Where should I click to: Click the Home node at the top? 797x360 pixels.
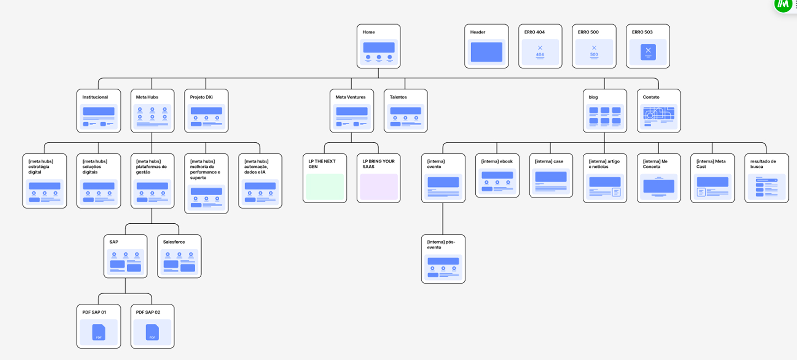click(x=379, y=46)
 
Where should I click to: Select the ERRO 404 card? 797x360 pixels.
click(x=540, y=46)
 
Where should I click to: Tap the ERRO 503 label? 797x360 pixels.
click(x=642, y=32)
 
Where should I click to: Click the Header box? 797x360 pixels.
click(x=486, y=46)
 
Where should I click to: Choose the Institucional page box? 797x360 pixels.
click(x=99, y=111)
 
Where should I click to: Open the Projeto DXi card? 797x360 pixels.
click(x=206, y=111)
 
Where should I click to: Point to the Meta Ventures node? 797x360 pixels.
click(x=352, y=111)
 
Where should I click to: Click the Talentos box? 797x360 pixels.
click(x=405, y=111)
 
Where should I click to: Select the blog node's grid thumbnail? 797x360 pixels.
click(x=605, y=117)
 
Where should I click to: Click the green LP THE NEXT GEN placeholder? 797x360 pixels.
click(x=325, y=187)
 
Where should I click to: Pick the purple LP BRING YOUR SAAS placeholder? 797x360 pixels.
click(x=379, y=187)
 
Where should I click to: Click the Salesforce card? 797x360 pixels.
click(x=179, y=256)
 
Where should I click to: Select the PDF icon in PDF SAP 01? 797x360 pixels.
click(x=99, y=332)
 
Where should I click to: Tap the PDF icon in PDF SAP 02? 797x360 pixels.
click(x=152, y=332)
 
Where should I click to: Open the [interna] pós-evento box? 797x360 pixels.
click(x=443, y=259)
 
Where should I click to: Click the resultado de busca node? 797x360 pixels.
click(x=767, y=178)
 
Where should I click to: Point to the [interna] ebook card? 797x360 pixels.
click(x=497, y=175)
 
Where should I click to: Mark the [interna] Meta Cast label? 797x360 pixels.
click(x=711, y=164)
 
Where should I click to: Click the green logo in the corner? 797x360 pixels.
click(x=783, y=5)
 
